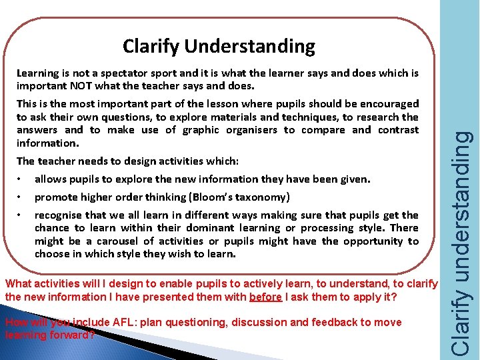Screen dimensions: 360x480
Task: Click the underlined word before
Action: click(x=265, y=297)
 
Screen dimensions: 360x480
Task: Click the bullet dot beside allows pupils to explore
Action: click(x=22, y=179)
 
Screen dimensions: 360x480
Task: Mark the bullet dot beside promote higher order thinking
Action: click(x=22, y=197)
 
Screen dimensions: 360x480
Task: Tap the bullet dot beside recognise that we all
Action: click(x=22, y=215)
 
